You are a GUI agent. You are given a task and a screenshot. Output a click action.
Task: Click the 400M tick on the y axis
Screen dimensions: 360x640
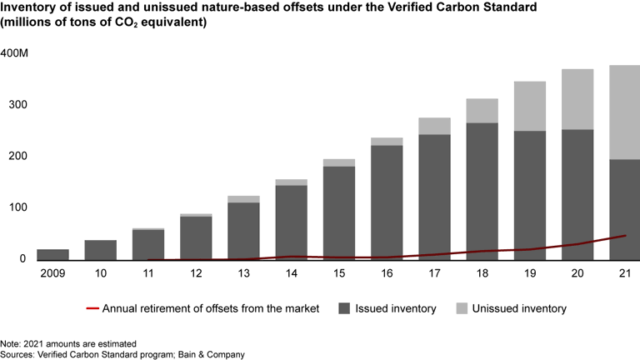click(16, 53)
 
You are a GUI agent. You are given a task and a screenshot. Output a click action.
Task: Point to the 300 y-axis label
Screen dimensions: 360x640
click(12, 105)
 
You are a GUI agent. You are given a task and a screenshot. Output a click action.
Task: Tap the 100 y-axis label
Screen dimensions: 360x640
click(12, 207)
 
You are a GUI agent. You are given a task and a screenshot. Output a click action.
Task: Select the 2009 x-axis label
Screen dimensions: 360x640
click(29, 272)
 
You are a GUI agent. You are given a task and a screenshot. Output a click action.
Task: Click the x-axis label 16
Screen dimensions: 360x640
click(387, 272)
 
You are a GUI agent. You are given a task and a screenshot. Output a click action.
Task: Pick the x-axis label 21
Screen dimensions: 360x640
click(623, 272)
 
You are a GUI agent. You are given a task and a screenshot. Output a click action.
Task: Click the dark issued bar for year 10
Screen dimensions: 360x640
click(100, 250)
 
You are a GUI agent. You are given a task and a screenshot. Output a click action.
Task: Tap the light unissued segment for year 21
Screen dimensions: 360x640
click(623, 112)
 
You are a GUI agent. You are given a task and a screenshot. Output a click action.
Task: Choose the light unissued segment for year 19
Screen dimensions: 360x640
click(529, 106)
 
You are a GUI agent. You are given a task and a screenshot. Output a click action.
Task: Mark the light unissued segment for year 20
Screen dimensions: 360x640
click(577, 99)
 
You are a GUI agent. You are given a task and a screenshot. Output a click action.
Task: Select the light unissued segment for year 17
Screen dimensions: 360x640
click(434, 126)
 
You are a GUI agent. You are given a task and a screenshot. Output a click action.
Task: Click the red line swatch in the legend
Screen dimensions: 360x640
click(92, 309)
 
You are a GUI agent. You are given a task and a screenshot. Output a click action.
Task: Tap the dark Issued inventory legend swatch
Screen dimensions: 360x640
click(344, 309)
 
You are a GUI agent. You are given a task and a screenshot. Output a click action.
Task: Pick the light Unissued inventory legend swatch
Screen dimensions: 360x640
click(461, 309)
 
